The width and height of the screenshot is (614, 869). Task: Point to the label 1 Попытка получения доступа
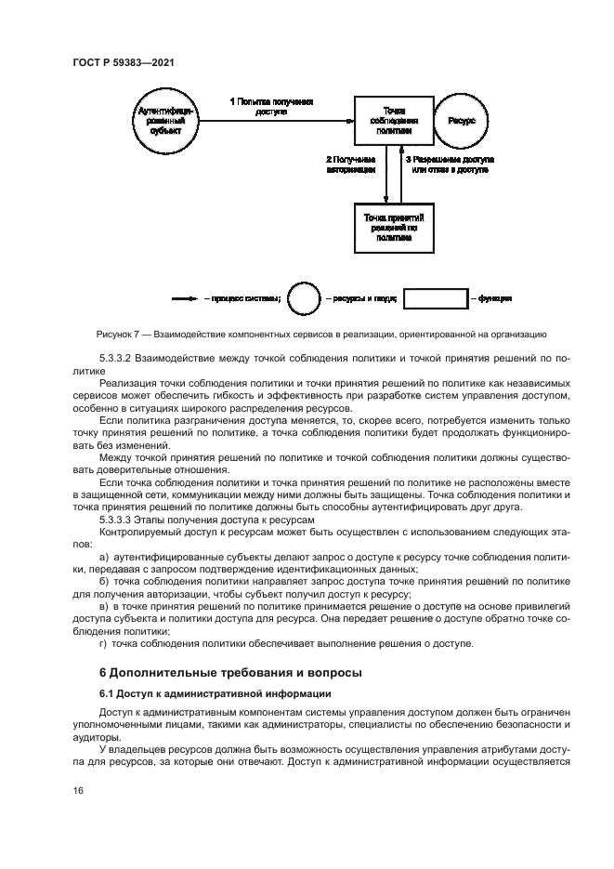[x=271, y=106]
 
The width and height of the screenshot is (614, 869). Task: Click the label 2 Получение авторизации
[x=351, y=165]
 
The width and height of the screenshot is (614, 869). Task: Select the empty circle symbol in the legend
[x=303, y=299]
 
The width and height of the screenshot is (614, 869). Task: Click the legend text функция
[x=494, y=299]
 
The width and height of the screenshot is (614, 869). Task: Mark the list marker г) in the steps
[x=103, y=643]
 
